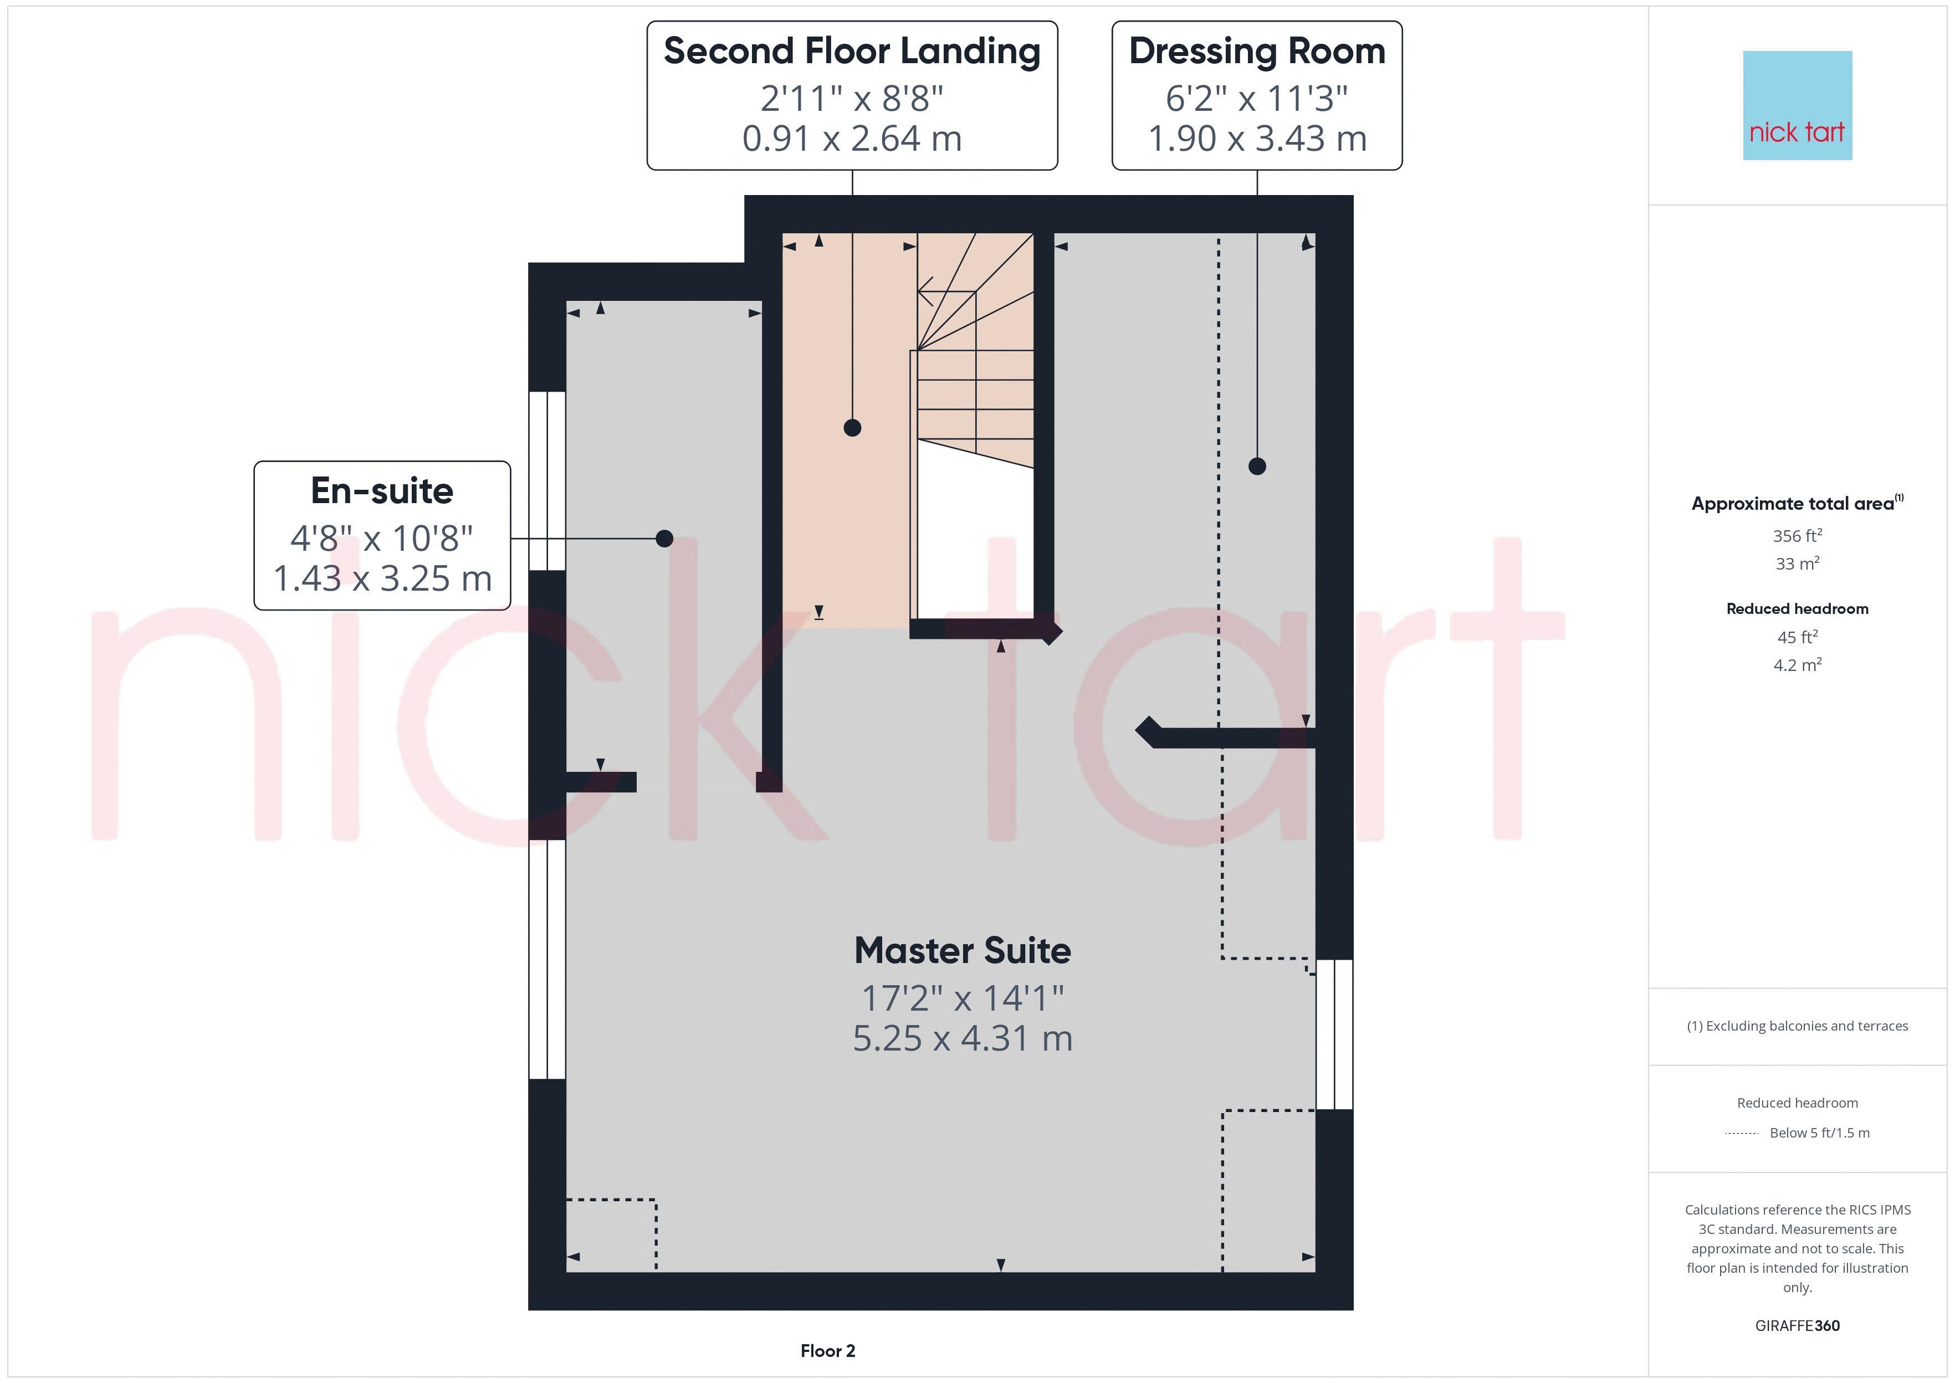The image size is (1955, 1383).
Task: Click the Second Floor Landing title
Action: point(852,51)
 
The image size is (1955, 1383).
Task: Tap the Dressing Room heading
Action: point(1257,51)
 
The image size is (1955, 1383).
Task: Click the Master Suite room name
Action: point(962,950)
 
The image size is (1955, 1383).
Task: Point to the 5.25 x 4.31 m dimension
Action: point(962,1038)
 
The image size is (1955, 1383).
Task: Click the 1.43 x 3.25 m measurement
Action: point(382,579)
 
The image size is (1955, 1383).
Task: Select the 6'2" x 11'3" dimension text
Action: point(1257,99)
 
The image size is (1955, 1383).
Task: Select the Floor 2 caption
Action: point(827,1351)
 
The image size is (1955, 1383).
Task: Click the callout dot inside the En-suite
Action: point(664,538)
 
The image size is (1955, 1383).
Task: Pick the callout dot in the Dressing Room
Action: point(1257,466)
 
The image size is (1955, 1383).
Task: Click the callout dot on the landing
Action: point(852,428)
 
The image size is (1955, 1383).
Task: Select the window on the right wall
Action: point(1334,1034)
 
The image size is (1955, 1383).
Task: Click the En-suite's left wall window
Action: point(546,481)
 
